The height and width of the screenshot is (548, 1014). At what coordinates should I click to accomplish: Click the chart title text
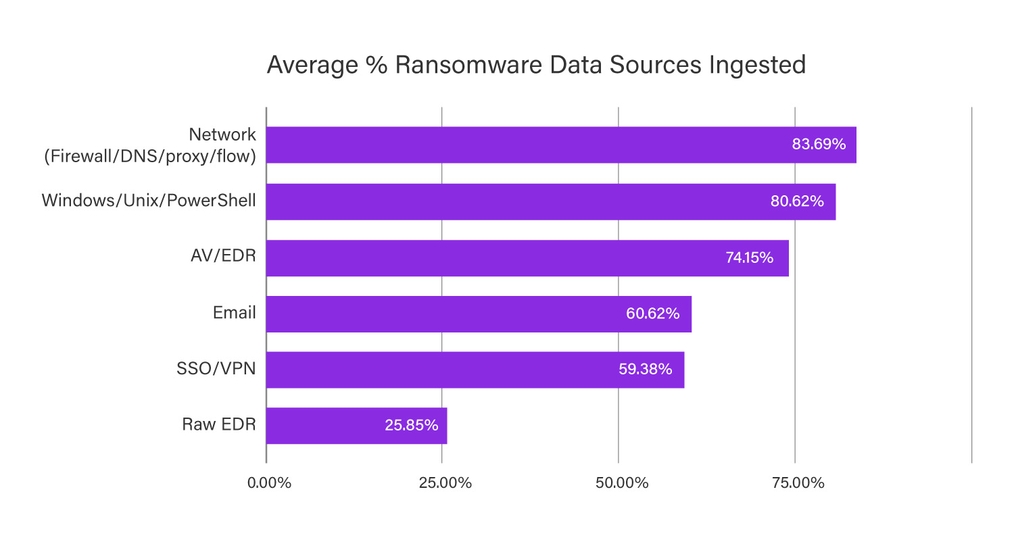(536, 65)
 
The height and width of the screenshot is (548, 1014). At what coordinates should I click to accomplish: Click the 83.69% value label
(819, 145)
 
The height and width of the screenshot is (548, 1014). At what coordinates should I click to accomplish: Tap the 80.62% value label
(797, 201)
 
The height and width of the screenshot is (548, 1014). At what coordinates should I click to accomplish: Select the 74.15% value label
(749, 257)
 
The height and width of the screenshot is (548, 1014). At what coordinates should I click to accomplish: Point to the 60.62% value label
(653, 314)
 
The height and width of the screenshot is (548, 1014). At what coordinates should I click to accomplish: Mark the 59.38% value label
(646, 370)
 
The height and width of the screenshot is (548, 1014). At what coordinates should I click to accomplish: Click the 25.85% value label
(411, 426)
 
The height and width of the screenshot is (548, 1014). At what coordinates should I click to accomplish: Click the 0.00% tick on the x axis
(268, 484)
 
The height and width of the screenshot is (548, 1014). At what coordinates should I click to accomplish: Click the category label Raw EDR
(218, 425)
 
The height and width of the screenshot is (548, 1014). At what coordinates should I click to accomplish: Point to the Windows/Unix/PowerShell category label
(149, 201)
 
